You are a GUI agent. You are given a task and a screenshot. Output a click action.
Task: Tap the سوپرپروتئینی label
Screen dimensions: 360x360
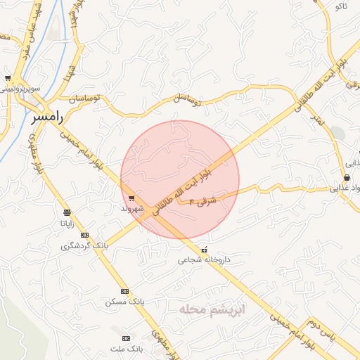pyautogui.click(x=20, y=89)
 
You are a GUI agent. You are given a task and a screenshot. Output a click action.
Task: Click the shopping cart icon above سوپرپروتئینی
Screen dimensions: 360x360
pyautogui.click(x=8, y=78)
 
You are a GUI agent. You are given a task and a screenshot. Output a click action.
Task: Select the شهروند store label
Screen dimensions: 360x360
pyautogui.click(x=131, y=209)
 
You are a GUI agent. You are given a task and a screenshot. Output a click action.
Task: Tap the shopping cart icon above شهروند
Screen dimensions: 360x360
pyautogui.click(x=131, y=199)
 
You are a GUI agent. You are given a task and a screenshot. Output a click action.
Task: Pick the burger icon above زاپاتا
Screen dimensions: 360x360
pyautogui.click(x=67, y=212)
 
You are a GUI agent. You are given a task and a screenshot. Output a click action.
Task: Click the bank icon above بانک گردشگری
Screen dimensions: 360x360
pyautogui.click(x=85, y=235)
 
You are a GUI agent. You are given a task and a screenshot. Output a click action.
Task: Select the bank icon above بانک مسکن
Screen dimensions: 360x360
pyautogui.click(x=124, y=291)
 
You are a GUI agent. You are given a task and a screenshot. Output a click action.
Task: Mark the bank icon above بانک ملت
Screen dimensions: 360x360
pyautogui.click(x=127, y=338)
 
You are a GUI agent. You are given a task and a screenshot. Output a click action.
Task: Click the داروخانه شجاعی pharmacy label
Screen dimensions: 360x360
pyautogui.click(x=203, y=259)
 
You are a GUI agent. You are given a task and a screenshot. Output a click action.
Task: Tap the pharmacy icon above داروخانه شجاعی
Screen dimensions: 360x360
pyautogui.click(x=205, y=250)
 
